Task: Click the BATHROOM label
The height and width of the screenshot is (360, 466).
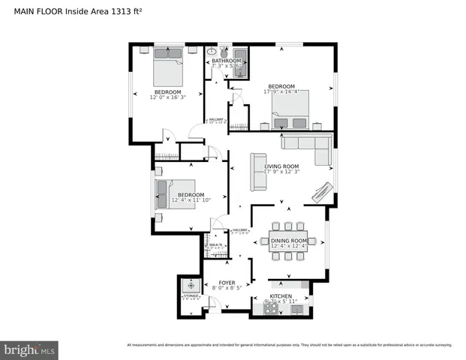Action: pos(225,60)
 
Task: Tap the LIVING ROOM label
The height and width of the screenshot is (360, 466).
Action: pos(281,166)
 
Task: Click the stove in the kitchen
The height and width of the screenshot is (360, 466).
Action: pos(273,309)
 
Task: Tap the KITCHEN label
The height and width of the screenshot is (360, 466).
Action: pos(280,296)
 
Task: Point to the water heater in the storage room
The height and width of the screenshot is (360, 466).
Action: pos(191,285)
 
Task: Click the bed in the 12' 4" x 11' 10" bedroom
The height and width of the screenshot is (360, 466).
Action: pos(176,194)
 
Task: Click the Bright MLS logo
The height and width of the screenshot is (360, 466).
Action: pos(30,349)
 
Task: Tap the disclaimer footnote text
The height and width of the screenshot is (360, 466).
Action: pos(289,345)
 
